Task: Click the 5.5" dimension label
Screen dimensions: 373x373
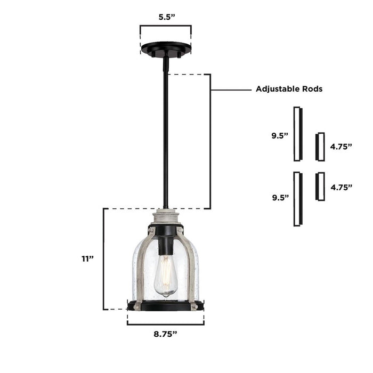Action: (x=167, y=17)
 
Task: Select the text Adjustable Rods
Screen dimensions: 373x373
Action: (x=289, y=89)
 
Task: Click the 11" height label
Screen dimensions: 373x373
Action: (x=87, y=258)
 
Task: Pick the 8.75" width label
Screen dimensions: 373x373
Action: (x=165, y=334)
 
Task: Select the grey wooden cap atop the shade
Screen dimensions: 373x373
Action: (x=166, y=216)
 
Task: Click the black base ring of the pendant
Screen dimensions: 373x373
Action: (x=165, y=306)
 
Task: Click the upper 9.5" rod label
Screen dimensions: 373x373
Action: (x=279, y=135)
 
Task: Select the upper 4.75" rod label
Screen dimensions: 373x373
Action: (x=341, y=146)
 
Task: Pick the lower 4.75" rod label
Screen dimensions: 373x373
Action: (x=341, y=187)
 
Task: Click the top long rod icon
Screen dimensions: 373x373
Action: (x=298, y=134)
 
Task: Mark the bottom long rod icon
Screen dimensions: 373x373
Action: (x=298, y=198)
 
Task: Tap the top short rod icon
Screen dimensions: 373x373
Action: (x=320, y=147)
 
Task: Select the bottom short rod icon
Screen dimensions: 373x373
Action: (x=320, y=186)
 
